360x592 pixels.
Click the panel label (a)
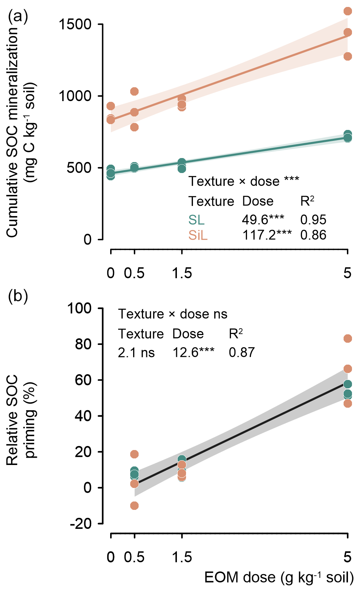tap(18, 16)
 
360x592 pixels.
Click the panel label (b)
tap(18, 296)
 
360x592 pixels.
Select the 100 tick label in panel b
tap(79, 308)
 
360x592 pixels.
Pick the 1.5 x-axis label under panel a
tap(182, 273)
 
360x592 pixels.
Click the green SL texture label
tap(196, 220)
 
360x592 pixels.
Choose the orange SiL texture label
tap(198, 235)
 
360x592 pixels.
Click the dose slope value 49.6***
tap(263, 220)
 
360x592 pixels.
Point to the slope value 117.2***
tap(267, 235)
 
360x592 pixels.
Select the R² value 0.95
tap(313, 220)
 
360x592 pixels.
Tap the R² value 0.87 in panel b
tap(242, 353)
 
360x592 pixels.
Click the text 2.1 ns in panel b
tap(136, 353)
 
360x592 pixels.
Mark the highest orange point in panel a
tap(348, 11)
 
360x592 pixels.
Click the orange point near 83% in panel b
tap(348, 339)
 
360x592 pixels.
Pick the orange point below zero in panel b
tap(135, 505)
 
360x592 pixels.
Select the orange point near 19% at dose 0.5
tap(135, 454)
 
